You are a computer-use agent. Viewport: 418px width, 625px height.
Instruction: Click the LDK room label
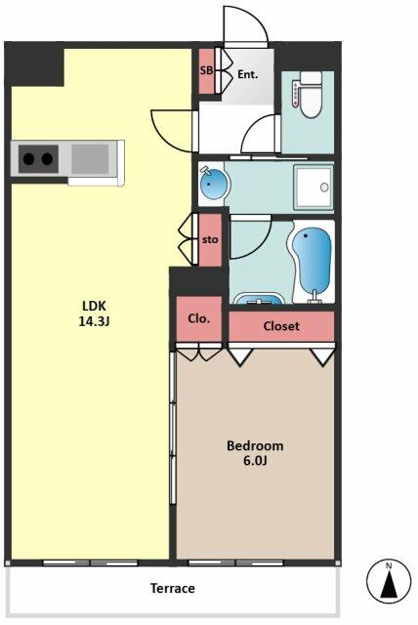coord(94,313)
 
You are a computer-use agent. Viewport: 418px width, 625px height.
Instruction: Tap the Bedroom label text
coord(255,445)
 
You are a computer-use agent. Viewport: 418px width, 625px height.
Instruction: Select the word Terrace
coord(173,588)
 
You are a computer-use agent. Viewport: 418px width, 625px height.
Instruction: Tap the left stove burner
coord(28,158)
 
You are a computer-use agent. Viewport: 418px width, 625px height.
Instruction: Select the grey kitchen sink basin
coord(90,158)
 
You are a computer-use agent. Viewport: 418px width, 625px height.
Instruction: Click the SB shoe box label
coord(206,71)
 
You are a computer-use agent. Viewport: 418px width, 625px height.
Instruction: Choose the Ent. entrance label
coord(248,74)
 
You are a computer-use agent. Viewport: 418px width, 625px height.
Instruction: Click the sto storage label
coord(210,239)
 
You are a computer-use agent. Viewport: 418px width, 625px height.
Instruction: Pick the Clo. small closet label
coord(199,318)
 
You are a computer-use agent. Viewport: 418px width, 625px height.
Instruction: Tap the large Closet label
coord(281,326)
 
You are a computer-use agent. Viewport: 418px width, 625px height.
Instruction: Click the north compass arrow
coord(389,584)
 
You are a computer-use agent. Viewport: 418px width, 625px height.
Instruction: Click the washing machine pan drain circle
coord(324,187)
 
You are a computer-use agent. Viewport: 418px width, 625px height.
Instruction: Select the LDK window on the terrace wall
coord(90,562)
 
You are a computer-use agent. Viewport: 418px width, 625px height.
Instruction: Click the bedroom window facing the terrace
coord(235,562)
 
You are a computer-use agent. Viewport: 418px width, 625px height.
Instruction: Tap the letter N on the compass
coord(389,565)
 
